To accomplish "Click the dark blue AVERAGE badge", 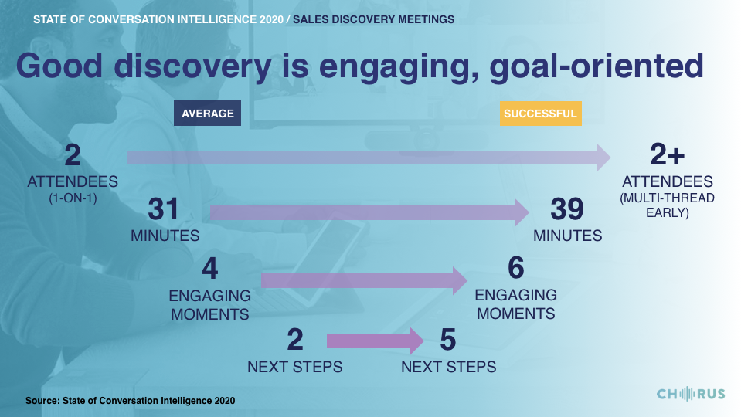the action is click(x=207, y=114).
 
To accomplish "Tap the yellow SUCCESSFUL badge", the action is click(x=541, y=114).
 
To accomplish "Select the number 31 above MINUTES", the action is click(x=164, y=208).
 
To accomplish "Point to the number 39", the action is click(x=567, y=208).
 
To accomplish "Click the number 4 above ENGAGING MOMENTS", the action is click(x=210, y=269).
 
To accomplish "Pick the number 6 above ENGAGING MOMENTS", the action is click(x=516, y=268).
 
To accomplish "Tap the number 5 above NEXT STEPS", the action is click(x=448, y=340).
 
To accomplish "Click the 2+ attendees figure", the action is click(x=668, y=154).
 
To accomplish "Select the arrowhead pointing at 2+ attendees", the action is click(x=603, y=158).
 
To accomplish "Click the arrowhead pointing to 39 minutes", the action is click(x=522, y=212).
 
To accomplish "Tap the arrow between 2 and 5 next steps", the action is click(x=376, y=341).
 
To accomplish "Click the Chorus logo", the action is click(x=691, y=394).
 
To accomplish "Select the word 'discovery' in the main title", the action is click(x=193, y=66).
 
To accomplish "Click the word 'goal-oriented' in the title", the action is click(x=597, y=66).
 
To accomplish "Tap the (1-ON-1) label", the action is click(x=73, y=198).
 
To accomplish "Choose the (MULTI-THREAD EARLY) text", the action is click(x=668, y=205).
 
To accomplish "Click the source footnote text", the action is click(x=130, y=401).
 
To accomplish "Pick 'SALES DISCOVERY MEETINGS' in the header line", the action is click(x=373, y=19).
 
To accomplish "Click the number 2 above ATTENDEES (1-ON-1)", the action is click(x=73, y=155).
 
